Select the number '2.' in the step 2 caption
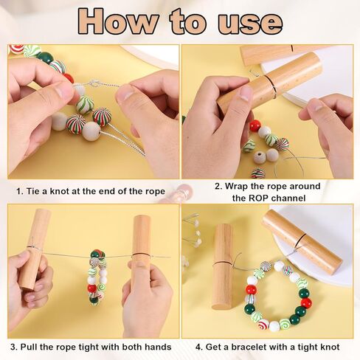(219, 186)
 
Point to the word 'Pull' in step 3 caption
(35, 347)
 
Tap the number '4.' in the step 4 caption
(198, 347)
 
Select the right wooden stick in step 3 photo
(141, 243)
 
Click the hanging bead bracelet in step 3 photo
(96, 277)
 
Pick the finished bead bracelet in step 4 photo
(277, 295)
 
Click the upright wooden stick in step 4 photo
(222, 266)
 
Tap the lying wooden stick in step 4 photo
(302, 240)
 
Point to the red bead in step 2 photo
(255, 125)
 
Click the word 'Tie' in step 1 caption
(34, 191)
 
